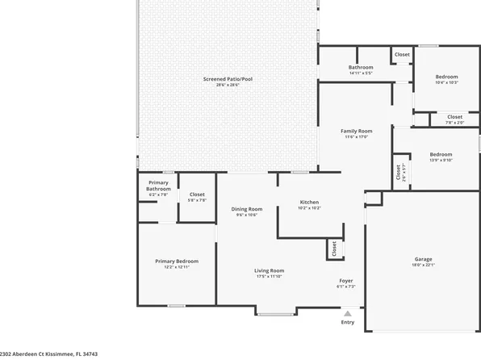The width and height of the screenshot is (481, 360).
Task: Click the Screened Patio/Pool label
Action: point(228,79)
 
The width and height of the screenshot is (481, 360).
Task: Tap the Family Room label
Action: point(356,131)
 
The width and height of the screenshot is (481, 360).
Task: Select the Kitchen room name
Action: point(309,202)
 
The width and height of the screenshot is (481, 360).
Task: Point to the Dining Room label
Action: point(246,209)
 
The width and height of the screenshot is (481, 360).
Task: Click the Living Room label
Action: point(270,270)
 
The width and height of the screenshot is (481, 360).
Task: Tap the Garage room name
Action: point(424,258)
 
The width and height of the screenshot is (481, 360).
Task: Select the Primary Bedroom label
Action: point(177,261)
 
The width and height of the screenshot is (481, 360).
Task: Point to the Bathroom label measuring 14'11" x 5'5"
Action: point(361,67)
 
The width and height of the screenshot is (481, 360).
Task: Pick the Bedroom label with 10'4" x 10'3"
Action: point(446,77)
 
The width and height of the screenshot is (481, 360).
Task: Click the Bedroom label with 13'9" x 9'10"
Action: point(441,154)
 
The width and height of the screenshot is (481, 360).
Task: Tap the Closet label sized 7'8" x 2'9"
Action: point(454,116)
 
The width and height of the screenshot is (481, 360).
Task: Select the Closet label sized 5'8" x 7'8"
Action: point(197,195)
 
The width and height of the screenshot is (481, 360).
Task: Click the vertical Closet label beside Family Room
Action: point(398,172)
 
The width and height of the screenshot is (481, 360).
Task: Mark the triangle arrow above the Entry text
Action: point(348,313)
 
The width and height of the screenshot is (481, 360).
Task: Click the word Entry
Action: point(348,322)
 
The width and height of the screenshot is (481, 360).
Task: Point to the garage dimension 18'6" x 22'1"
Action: point(424,265)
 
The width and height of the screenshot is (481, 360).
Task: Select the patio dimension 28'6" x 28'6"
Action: point(228,85)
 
